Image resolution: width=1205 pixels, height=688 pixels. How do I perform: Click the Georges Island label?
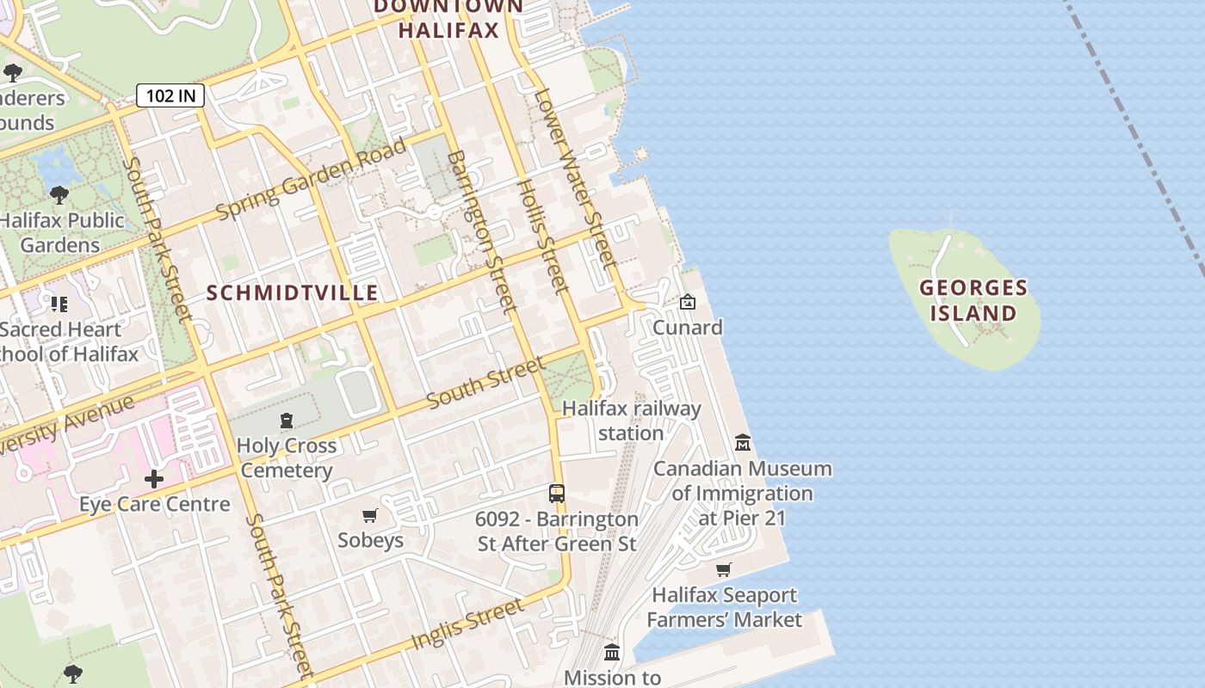coord(973,300)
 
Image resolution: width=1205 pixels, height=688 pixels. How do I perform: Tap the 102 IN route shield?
coord(170,95)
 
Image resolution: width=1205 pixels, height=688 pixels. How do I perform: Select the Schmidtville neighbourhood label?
coord(293,293)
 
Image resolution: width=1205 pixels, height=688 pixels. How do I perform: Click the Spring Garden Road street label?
coord(311,178)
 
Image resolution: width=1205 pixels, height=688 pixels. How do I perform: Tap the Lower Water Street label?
coord(574,176)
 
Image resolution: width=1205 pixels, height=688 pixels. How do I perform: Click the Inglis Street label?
coord(467,624)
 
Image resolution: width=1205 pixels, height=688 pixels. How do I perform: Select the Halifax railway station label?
coord(631,421)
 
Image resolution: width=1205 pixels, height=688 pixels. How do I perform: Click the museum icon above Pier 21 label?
coord(743,443)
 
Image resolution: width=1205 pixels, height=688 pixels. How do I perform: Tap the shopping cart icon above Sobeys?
coord(370,515)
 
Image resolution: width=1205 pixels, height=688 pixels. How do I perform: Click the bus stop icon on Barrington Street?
coord(557,494)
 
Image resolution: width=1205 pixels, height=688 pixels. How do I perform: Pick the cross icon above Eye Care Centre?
coord(154,479)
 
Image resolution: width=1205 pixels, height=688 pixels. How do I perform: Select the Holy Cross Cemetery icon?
coord(287,421)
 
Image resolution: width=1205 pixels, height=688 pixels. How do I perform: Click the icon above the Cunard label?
coord(687,302)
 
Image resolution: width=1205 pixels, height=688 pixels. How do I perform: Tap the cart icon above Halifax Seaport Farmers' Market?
coord(724,569)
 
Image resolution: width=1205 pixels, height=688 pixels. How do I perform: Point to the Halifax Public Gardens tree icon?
coord(59,195)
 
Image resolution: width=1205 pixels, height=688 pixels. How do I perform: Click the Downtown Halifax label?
coord(448,18)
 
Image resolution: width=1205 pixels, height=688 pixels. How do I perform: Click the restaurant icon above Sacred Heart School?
coord(59,304)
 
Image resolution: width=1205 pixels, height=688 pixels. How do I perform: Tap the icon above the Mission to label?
coord(612,652)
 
